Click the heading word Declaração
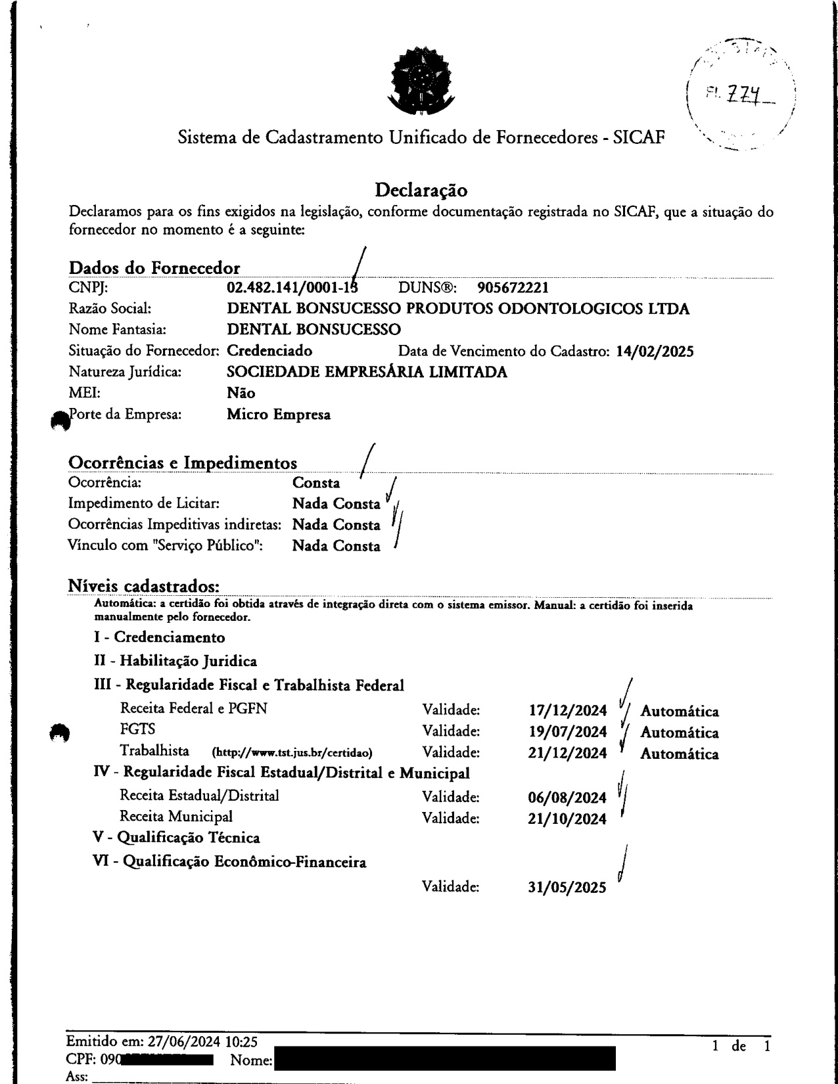pyautogui.click(x=421, y=191)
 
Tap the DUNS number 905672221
pyautogui.click(x=513, y=288)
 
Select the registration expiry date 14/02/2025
pyautogui.click(x=655, y=351)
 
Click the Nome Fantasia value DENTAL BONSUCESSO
pyautogui.click(x=314, y=330)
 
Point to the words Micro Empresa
pyautogui.click(x=278, y=415)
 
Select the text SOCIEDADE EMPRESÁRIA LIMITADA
pyautogui.click(x=367, y=373)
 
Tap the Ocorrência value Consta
pyautogui.click(x=316, y=484)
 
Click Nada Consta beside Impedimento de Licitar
pyautogui.click(x=336, y=505)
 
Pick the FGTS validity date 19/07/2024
pyautogui.click(x=567, y=733)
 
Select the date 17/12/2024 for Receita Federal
pyautogui.click(x=567, y=711)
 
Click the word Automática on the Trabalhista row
pyautogui.click(x=679, y=754)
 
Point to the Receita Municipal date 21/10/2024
pyautogui.click(x=567, y=819)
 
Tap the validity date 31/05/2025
pyautogui.click(x=567, y=888)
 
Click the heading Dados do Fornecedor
pyautogui.click(x=154, y=268)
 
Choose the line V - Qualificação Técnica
pyautogui.click(x=177, y=838)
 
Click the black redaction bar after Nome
pyautogui.click(x=444, y=1060)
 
